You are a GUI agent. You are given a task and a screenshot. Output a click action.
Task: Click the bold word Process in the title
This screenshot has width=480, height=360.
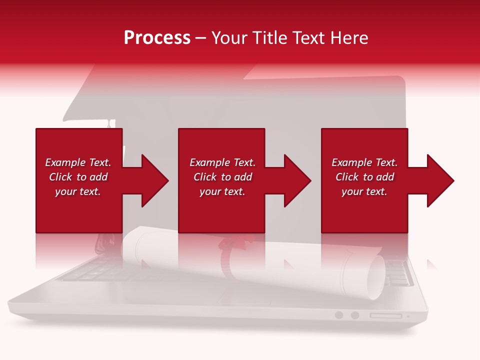(x=157, y=38)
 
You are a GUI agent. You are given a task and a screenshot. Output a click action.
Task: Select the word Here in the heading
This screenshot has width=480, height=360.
(x=349, y=38)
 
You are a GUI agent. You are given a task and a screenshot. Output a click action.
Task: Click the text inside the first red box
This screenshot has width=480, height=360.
(x=78, y=177)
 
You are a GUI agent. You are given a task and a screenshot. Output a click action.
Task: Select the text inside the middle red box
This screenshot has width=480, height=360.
(x=222, y=177)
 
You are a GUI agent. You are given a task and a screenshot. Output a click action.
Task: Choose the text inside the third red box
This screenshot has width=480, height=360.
(x=364, y=177)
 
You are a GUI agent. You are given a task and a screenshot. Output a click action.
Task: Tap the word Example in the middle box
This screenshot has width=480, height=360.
(x=207, y=162)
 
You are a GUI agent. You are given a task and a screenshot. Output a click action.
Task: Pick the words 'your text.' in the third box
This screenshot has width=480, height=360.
(x=364, y=191)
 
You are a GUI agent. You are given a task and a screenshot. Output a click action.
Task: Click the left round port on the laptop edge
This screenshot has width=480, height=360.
(x=339, y=315)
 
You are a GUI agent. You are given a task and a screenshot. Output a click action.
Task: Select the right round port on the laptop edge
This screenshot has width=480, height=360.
(x=355, y=315)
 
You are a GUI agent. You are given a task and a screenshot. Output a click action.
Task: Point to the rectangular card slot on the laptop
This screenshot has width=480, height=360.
(x=385, y=315)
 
